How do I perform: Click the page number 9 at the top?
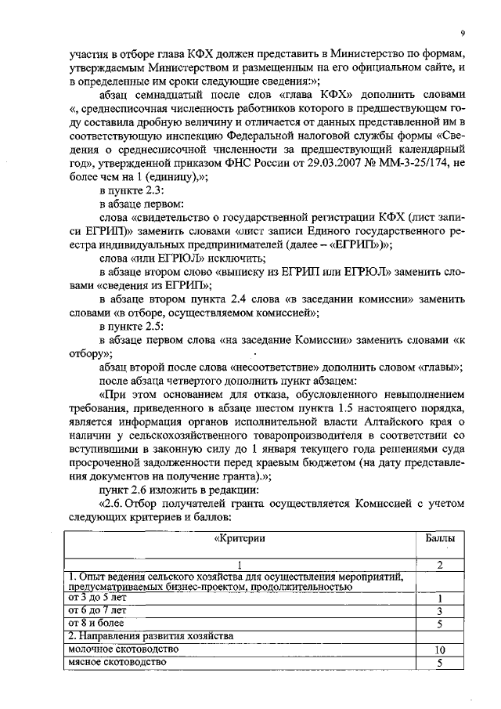(463, 33)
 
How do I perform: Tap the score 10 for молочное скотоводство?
(440, 650)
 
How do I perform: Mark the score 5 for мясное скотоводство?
(440, 663)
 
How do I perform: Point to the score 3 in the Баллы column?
(440, 610)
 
